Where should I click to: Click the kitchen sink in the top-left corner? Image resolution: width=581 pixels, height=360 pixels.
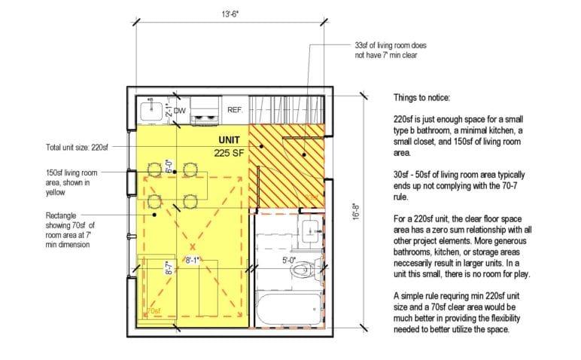click(151, 110)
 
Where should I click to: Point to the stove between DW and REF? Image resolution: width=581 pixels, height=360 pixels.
click(204, 112)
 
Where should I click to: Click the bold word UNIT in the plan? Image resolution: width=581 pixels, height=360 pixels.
click(229, 141)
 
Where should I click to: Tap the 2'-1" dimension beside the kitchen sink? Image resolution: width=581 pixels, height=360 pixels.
click(169, 111)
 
